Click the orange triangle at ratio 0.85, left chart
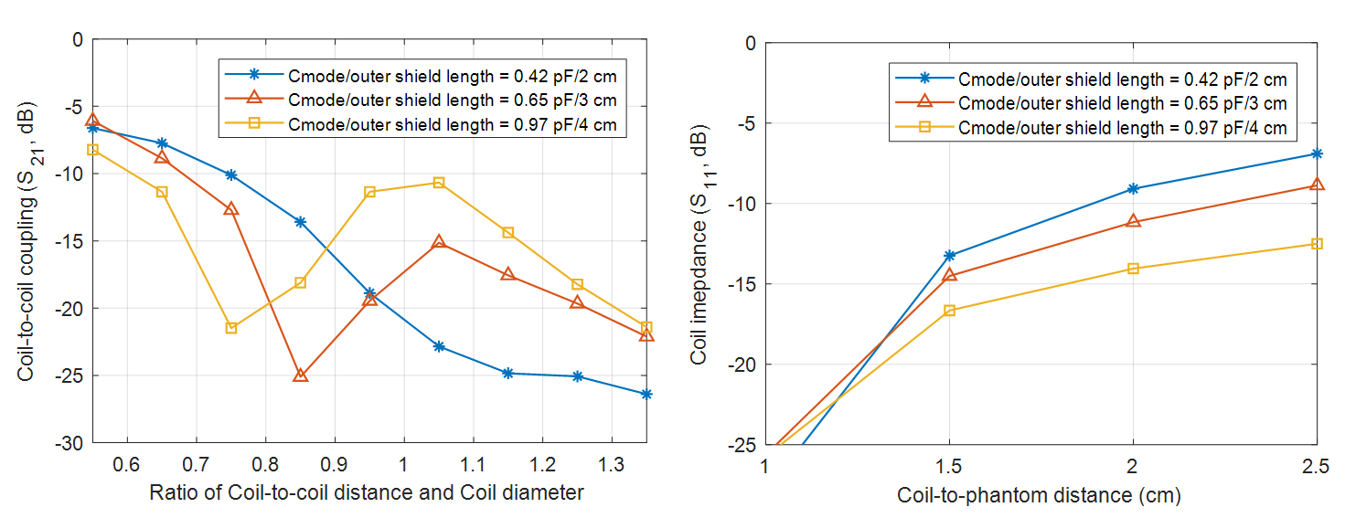[x=300, y=375]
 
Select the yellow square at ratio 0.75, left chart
[x=231, y=327]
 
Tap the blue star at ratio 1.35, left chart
[x=646, y=394]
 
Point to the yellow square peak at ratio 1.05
[x=439, y=183]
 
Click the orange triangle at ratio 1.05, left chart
[x=439, y=242]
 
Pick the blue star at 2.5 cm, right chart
[x=1317, y=153]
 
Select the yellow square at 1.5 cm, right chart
[x=949, y=311]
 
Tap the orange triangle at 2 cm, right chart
[x=1133, y=221]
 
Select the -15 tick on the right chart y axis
[x=742, y=284]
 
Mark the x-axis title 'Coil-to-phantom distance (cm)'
[x=1039, y=496]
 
